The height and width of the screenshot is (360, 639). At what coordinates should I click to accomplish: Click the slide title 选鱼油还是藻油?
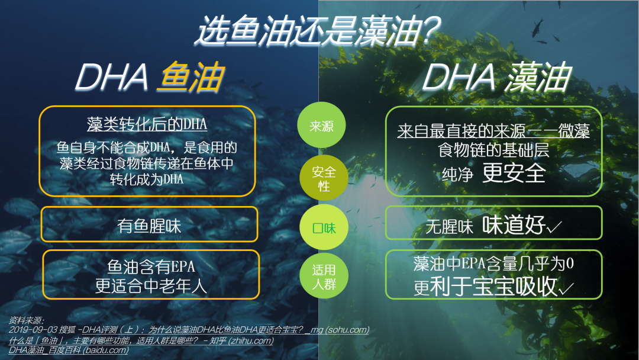pos(318,30)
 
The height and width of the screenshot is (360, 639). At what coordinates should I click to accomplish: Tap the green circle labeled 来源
pos(321,125)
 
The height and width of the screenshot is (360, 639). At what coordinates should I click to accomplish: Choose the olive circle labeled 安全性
pos(324,178)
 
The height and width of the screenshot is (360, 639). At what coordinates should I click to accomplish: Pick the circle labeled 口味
pos(324,228)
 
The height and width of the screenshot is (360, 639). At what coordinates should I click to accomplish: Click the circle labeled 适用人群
pos(324,277)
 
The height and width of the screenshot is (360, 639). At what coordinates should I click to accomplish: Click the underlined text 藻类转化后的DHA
pos(147,124)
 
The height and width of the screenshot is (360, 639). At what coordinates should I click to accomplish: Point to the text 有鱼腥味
pos(149,226)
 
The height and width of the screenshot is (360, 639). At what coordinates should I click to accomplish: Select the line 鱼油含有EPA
pos(151,266)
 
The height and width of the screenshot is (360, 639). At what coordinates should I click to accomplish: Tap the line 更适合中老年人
pos(151,286)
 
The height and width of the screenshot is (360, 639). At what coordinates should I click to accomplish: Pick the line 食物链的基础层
pos(493,150)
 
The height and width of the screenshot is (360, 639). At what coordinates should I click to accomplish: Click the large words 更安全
pos(514,173)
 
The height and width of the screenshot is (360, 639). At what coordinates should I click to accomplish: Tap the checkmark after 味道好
pos(554,227)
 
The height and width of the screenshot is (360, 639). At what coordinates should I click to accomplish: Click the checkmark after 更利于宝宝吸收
pos(566,288)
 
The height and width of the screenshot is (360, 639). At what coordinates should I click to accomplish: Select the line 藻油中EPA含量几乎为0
pos(493,263)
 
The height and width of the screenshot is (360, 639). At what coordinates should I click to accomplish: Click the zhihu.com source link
pos(141,340)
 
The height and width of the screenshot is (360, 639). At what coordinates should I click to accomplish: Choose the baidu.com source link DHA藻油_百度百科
pos(69,350)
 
